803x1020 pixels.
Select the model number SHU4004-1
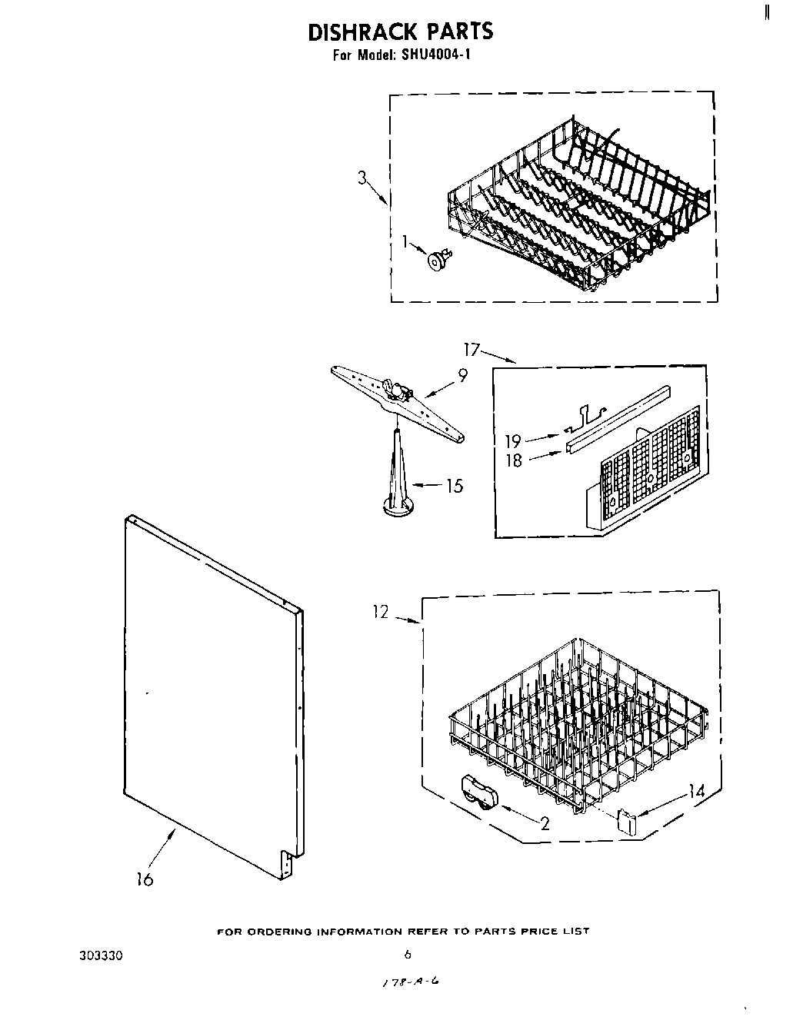tap(431, 55)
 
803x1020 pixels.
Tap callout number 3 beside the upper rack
tap(362, 178)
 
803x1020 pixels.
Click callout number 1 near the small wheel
tap(405, 243)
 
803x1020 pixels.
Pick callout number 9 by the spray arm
tap(462, 376)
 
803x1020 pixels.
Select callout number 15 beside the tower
tap(455, 486)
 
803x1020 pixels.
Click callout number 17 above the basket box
tap(471, 351)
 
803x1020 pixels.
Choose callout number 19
tap(513, 441)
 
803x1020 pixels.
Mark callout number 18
tap(513, 460)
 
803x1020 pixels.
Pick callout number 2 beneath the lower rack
tap(545, 824)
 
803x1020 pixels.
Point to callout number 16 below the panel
tap(145, 879)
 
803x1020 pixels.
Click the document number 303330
tap(101, 957)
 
